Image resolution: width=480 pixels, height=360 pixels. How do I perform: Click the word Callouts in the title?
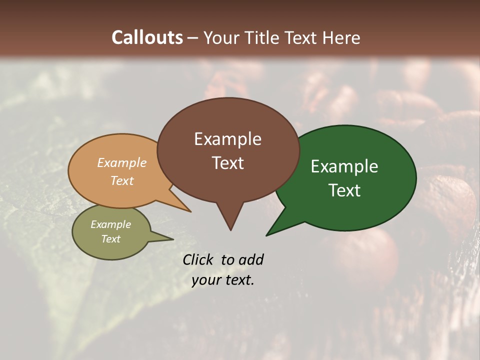(147, 37)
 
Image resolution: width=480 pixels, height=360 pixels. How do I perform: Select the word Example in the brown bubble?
(227, 139)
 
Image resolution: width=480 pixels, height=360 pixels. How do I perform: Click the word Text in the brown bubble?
(227, 163)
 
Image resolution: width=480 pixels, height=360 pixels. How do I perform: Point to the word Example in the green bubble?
(344, 166)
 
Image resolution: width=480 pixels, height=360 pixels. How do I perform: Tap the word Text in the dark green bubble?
(344, 190)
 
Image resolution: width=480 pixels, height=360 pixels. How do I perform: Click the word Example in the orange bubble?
(122, 163)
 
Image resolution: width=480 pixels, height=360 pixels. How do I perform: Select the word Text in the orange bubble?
(122, 180)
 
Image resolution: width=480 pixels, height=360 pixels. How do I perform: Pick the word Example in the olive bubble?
(110, 224)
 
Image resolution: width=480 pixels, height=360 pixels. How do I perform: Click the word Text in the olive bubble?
(110, 239)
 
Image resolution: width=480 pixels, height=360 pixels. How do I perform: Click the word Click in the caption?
(197, 260)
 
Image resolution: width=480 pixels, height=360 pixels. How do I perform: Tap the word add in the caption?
(251, 260)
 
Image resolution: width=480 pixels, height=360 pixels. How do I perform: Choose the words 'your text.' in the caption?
(223, 280)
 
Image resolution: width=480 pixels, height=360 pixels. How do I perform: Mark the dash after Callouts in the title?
(193, 37)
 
